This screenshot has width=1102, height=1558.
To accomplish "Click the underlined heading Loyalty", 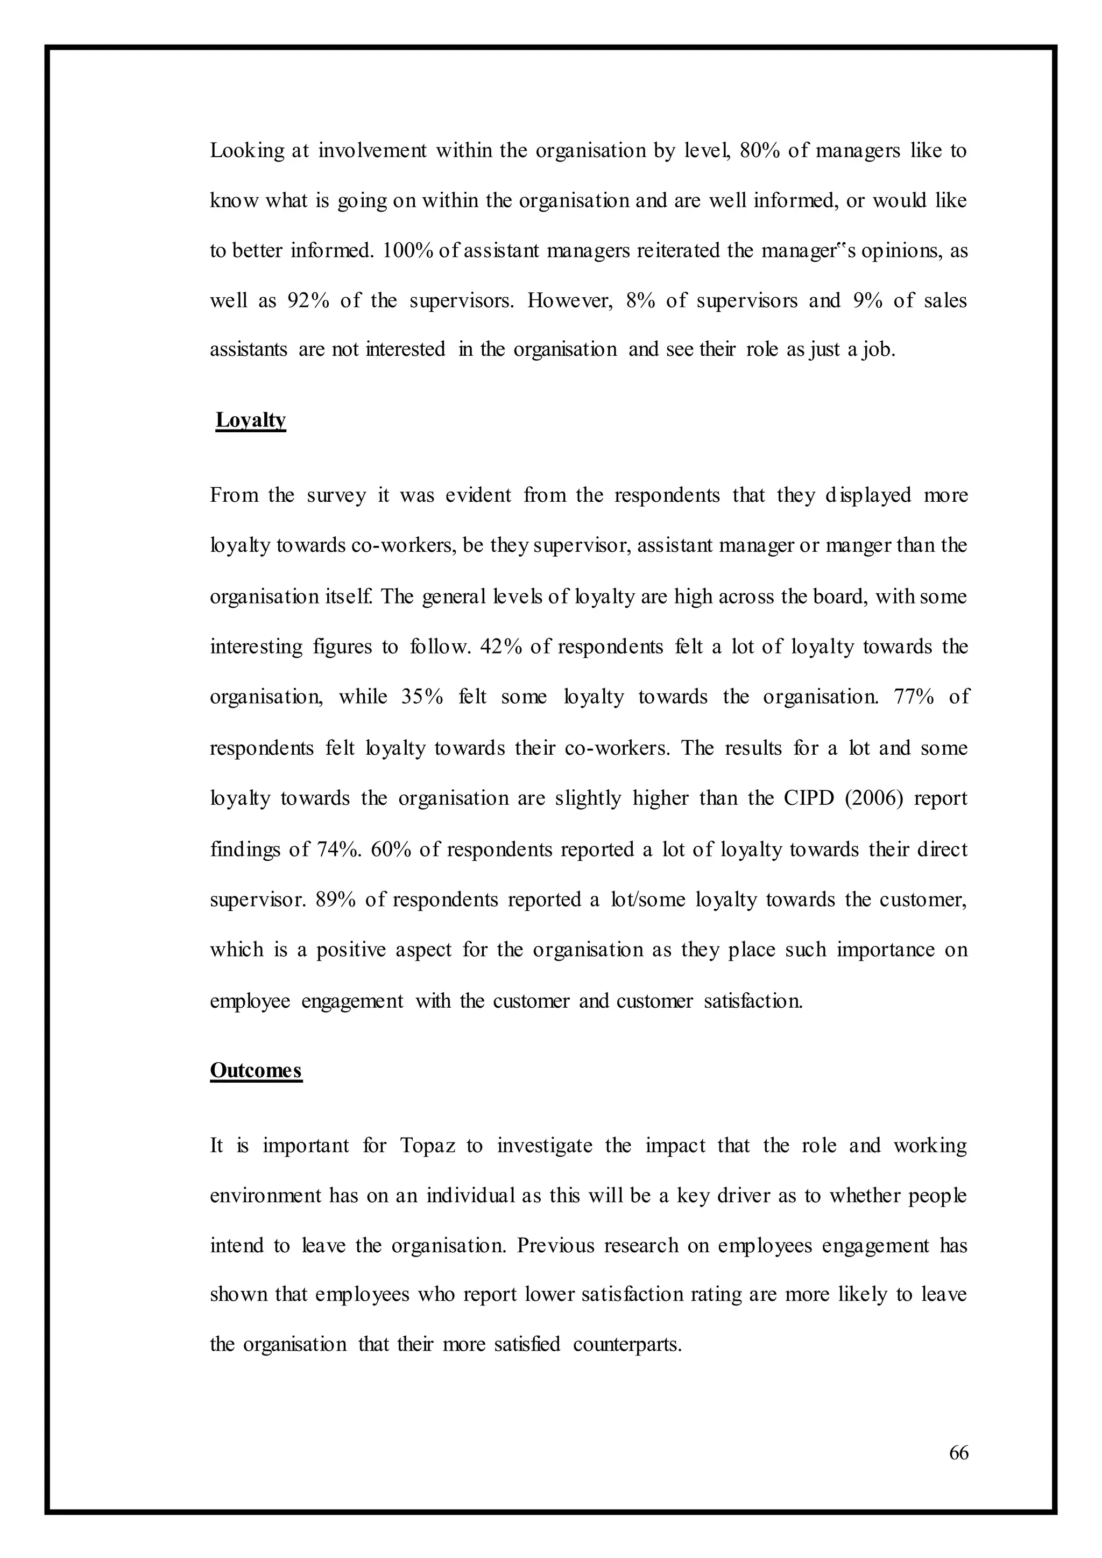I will pyautogui.click(x=250, y=420).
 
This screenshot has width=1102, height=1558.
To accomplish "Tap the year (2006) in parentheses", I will pyautogui.click(x=874, y=798).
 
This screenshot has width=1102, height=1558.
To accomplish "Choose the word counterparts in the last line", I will pyautogui.click(x=626, y=1344).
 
